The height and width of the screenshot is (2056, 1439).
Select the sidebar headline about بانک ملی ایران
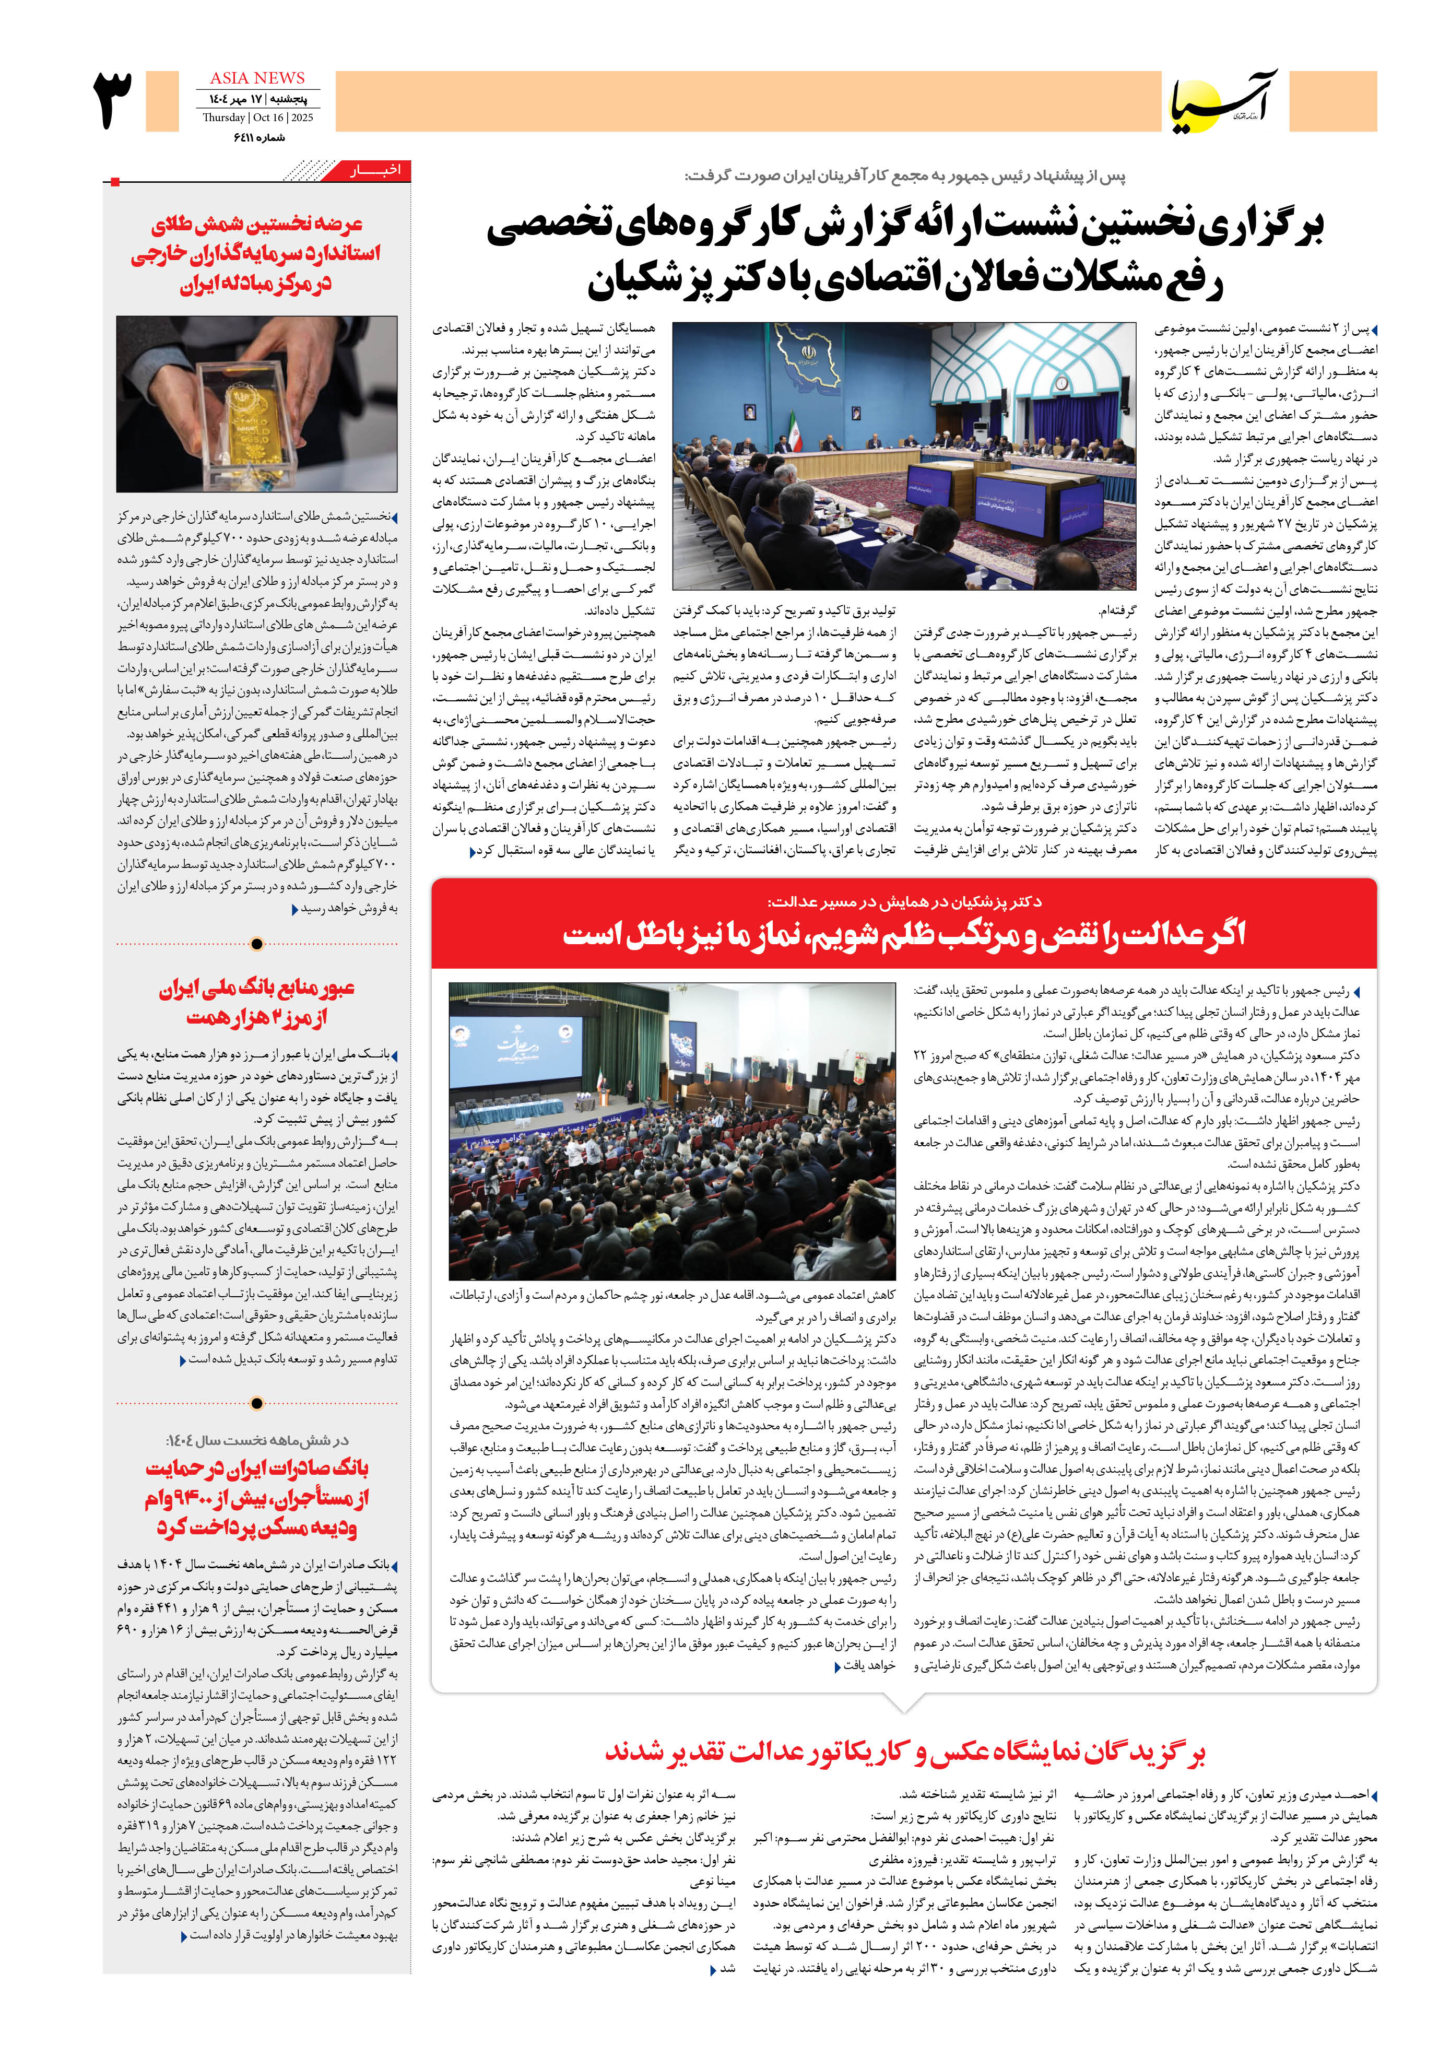coord(257,1003)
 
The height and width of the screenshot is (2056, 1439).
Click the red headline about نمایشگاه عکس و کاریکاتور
coord(904,1753)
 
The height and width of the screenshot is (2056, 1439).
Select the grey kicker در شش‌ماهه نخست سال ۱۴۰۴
coord(257,1441)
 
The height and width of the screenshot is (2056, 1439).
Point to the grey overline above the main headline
coord(904,177)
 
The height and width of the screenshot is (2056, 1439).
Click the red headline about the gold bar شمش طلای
coord(257,253)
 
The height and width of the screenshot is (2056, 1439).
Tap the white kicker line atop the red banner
coord(904,902)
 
